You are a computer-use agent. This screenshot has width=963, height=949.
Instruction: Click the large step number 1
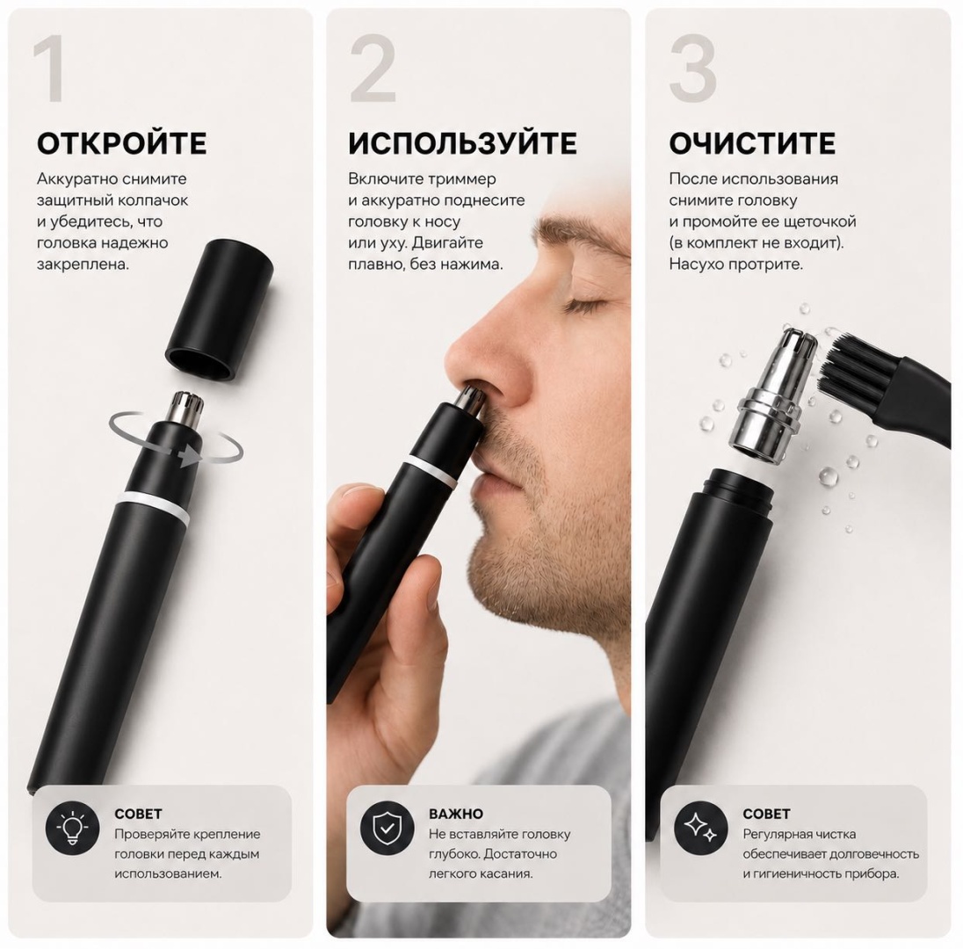[50, 69]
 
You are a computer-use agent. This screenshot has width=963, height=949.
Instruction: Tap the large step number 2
[373, 69]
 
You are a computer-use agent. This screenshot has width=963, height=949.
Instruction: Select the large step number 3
[692, 69]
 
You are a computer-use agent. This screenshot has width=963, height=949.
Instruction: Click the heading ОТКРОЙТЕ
[121, 144]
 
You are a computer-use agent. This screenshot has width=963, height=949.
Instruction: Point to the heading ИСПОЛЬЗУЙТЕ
[462, 144]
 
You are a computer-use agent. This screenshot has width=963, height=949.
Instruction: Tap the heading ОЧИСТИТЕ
[752, 144]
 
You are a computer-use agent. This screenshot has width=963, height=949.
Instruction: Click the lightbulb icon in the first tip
[72, 827]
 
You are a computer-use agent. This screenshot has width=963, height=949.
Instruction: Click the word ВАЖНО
[456, 814]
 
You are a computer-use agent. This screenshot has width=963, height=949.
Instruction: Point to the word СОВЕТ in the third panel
[766, 814]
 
